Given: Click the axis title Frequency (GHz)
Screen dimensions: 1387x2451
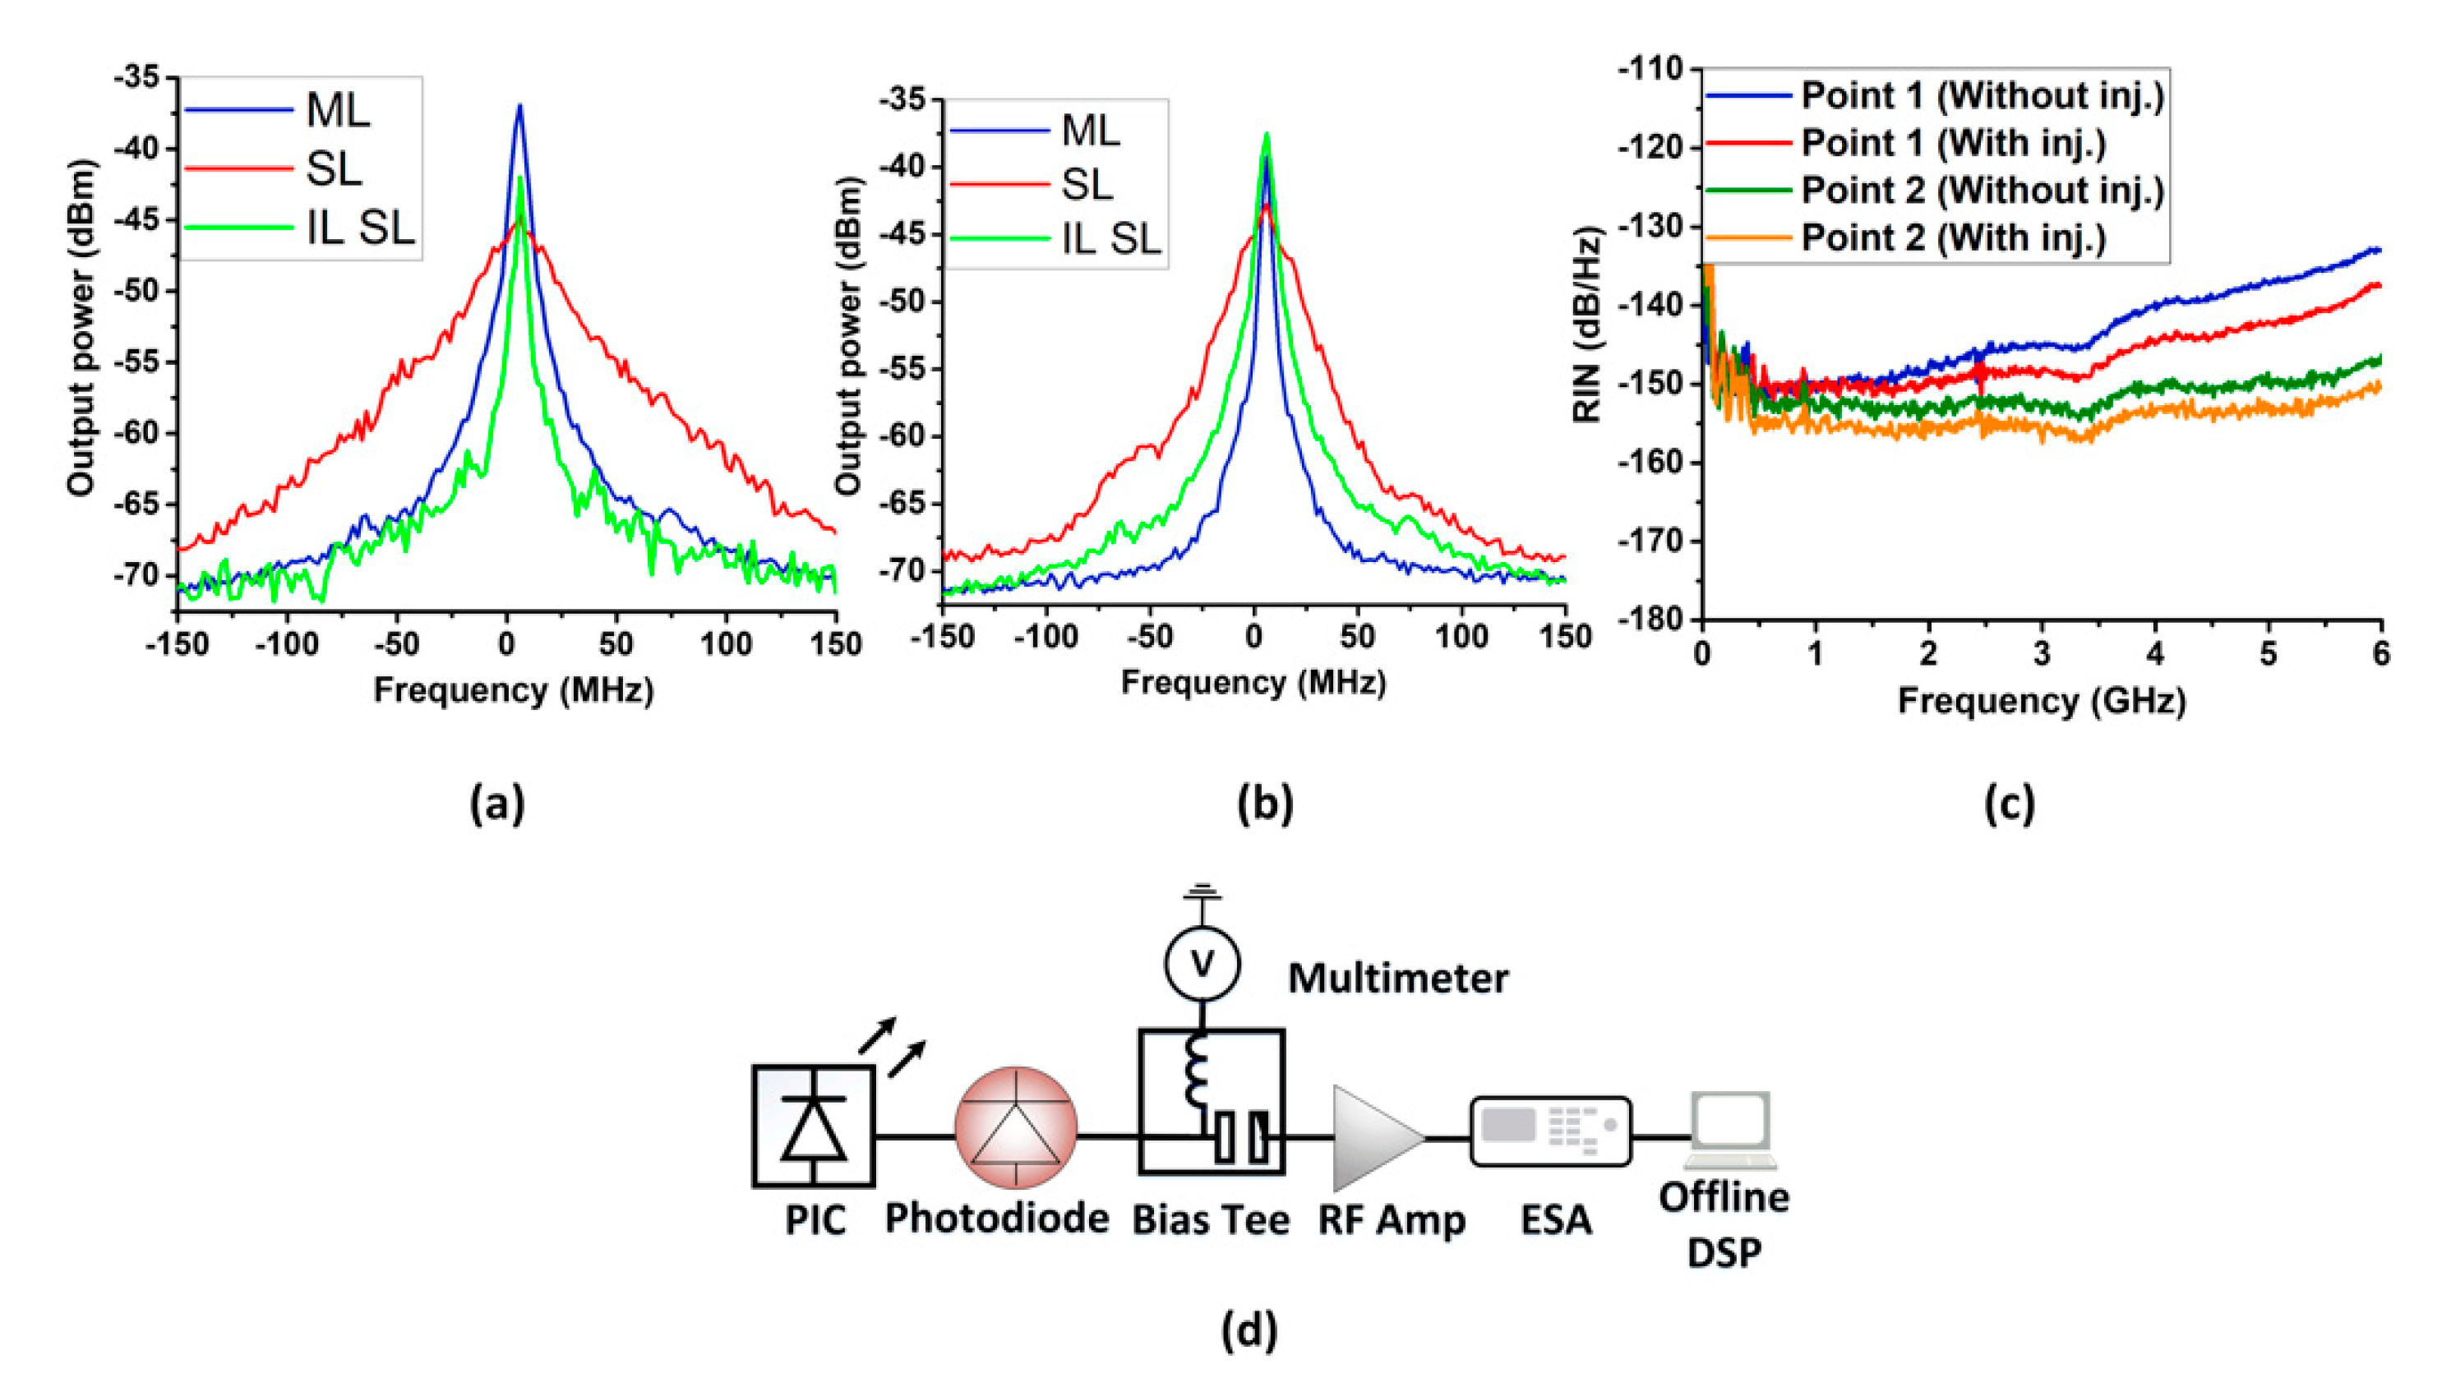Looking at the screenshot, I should pos(2042,701).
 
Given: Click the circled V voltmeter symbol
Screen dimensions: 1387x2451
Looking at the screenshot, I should pos(1202,963).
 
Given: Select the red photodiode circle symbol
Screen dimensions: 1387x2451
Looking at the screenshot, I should pos(1017,1127).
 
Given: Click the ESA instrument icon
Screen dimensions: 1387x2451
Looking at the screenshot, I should pos(1551,1131).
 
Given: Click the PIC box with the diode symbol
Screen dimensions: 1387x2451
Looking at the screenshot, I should pos(814,1126).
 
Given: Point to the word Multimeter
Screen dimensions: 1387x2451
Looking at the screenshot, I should pos(1397,979).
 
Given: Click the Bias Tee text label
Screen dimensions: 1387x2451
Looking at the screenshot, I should pos(1210,1219).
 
